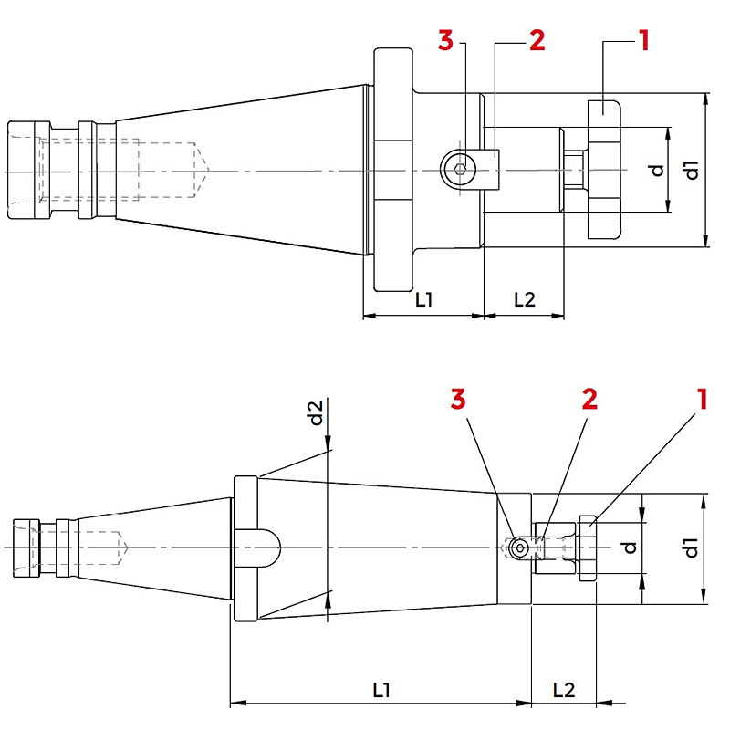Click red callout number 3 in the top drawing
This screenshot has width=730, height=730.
tap(445, 40)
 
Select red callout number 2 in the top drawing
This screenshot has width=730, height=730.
tap(537, 40)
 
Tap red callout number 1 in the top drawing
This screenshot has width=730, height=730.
tap(644, 40)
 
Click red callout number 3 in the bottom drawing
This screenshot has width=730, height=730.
tap(458, 400)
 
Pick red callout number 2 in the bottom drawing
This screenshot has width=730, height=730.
tap(589, 400)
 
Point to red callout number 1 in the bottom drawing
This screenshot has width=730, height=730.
tap(702, 400)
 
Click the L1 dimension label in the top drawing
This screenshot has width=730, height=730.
tap(424, 300)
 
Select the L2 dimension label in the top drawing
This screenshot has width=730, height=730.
tap(525, 300)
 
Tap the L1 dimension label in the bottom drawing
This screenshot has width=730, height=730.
tap(381, 690)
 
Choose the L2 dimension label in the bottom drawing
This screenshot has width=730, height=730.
tap(564, 690)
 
